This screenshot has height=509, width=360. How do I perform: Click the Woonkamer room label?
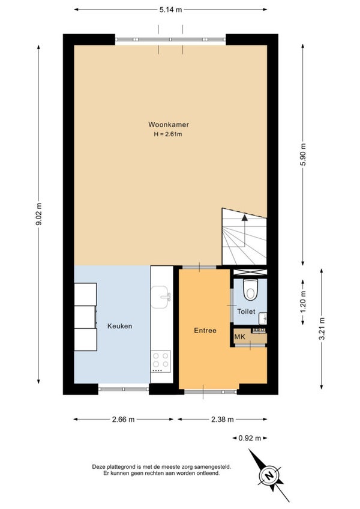click(169, 124)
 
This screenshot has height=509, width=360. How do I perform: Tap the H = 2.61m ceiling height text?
click(168, 134)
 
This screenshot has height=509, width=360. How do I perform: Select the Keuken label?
click(120, 326)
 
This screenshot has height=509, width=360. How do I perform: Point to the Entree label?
click(205, 331)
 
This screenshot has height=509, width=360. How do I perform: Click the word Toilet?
click(246, 312)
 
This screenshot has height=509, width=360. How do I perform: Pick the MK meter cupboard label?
click(240, 337)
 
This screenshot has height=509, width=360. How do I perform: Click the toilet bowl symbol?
click(250, 289)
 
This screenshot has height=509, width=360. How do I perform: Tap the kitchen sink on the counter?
click(161, 297)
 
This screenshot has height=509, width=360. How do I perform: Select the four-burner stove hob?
click(161, 361)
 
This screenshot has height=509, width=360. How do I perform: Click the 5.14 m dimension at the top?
click(170, 10)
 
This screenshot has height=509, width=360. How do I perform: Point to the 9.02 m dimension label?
click(38, 214)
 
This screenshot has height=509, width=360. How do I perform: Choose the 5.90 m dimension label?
click(303, 154)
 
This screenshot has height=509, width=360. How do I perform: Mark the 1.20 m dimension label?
click(303, 302)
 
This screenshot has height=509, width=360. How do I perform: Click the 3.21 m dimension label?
click(322, 328)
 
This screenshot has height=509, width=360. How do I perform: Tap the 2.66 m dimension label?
click(124, 420)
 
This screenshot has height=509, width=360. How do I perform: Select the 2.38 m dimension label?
click(223, 420)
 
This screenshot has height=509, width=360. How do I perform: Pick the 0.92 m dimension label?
click(250, 438)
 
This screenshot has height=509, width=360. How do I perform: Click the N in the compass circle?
click(269, 476)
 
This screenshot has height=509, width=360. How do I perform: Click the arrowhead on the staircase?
click(244, 217)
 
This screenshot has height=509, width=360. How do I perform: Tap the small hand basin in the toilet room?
click(263, 319)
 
